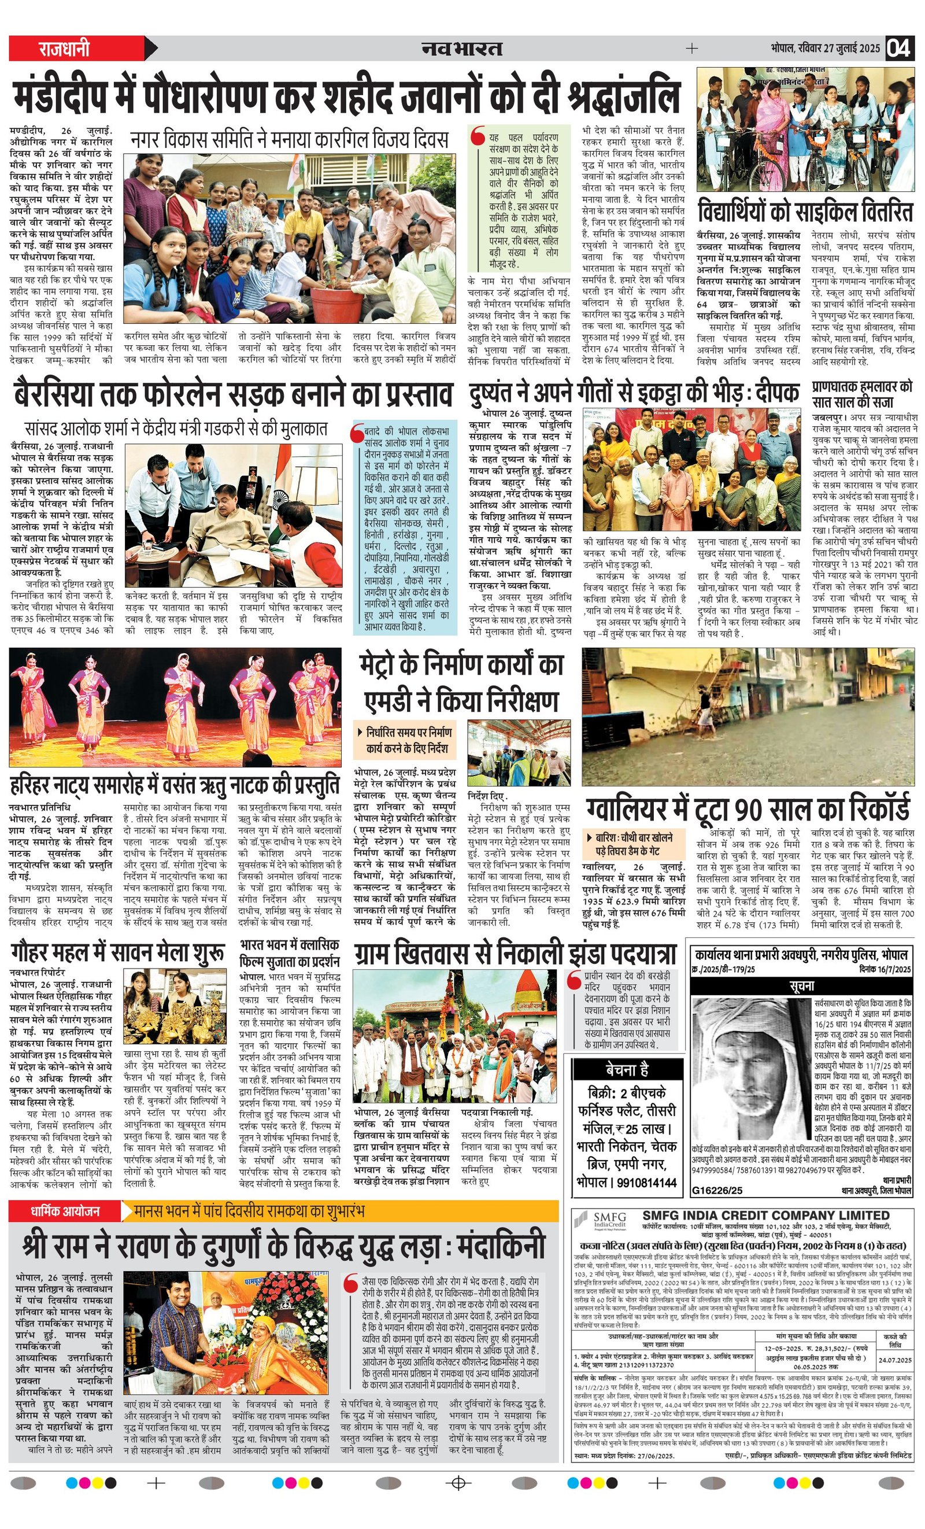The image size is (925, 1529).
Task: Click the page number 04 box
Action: tap(899, 48)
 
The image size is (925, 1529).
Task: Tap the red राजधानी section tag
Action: tap(65, 48)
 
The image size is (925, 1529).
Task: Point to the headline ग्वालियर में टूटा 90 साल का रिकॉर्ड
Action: tap(748, 808)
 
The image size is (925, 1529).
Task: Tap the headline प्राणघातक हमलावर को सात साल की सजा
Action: tap(863, 393)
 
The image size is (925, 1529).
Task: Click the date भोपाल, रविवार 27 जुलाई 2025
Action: tap(825, 48)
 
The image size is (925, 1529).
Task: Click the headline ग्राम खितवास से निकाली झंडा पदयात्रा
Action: tap(515, 954)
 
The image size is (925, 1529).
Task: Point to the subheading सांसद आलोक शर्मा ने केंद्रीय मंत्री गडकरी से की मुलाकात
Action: tap(176, 428)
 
